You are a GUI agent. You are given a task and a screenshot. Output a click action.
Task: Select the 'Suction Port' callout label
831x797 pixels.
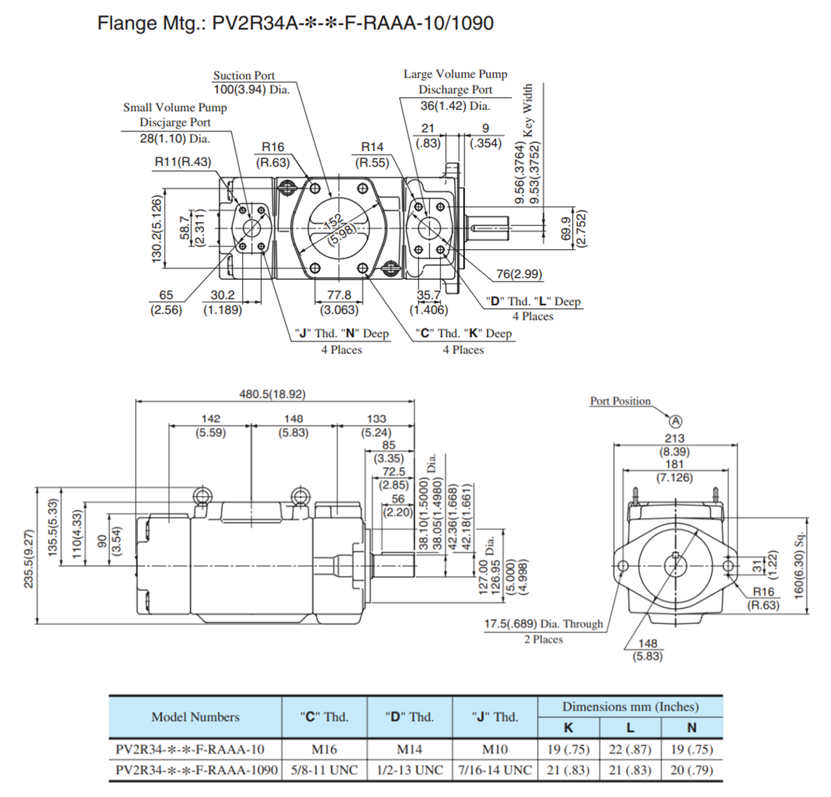pos(243,75)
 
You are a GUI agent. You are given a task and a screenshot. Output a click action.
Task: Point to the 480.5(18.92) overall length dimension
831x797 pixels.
pos(272,394)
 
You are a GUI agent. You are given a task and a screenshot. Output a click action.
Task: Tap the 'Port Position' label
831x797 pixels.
pos(620,401)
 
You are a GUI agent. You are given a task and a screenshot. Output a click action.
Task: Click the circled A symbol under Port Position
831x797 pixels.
pos(675,421)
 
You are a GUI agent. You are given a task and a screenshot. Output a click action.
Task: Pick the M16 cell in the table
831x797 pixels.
pos(324,749)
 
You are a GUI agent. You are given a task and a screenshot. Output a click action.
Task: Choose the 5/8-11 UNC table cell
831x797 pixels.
pos(324,770)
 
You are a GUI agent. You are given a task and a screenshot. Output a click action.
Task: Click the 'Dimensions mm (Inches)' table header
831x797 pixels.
pos(630,707)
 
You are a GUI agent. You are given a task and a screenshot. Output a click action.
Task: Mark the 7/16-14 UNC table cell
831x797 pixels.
pos(495,770)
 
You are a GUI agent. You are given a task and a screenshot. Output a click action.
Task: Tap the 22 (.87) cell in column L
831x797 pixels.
pos(630,749)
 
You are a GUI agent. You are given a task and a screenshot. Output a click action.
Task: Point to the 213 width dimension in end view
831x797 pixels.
pos(674,439)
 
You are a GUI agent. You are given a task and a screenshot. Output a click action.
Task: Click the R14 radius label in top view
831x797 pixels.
pos(372,147)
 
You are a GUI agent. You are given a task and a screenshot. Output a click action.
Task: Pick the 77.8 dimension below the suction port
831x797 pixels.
pos(339,295)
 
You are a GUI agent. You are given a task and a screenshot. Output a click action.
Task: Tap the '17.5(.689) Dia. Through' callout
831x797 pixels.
pos(544,623)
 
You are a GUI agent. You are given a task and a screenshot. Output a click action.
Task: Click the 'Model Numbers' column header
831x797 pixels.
pos(195,717)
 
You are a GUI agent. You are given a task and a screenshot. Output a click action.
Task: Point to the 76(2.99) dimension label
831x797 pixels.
pos(519,274)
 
